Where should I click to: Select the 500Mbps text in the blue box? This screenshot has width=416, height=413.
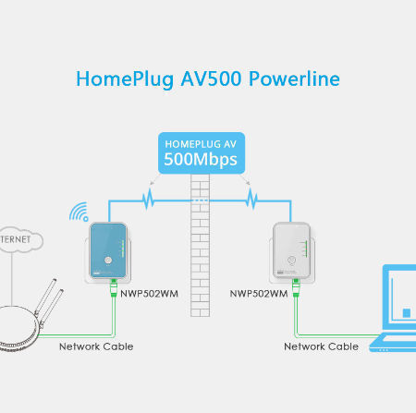pyautogui.click(x=201, y=159)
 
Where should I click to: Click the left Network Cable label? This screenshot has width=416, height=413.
pyautogui.click(x=96, y=346)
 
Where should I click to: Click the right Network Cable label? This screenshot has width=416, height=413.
pyautogui.click(x=321, y=346)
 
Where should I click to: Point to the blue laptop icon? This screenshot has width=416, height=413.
pyautogui.click(x=395, y=310)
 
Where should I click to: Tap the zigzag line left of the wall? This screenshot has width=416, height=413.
pyautogui.click(x=148, y=198)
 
